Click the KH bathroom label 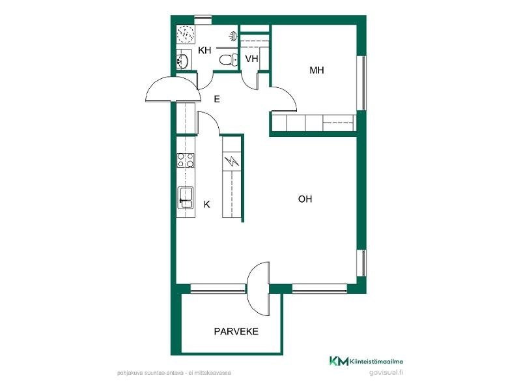point(204,51)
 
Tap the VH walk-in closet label point(251,59)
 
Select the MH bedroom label point(317,70)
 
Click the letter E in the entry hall point(217,99)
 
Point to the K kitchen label point(206,204)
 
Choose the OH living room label point(305,199)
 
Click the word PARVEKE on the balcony point(236,332)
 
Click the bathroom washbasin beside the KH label point(182,61)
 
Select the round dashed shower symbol point(186,35)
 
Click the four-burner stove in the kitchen point(186,160)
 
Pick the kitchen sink point(186,198)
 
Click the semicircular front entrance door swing point(174,89)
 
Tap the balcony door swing point(258,289)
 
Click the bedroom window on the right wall point(361,83)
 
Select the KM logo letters point(339,361)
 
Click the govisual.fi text point(386,372)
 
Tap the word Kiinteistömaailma point(376,362)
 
